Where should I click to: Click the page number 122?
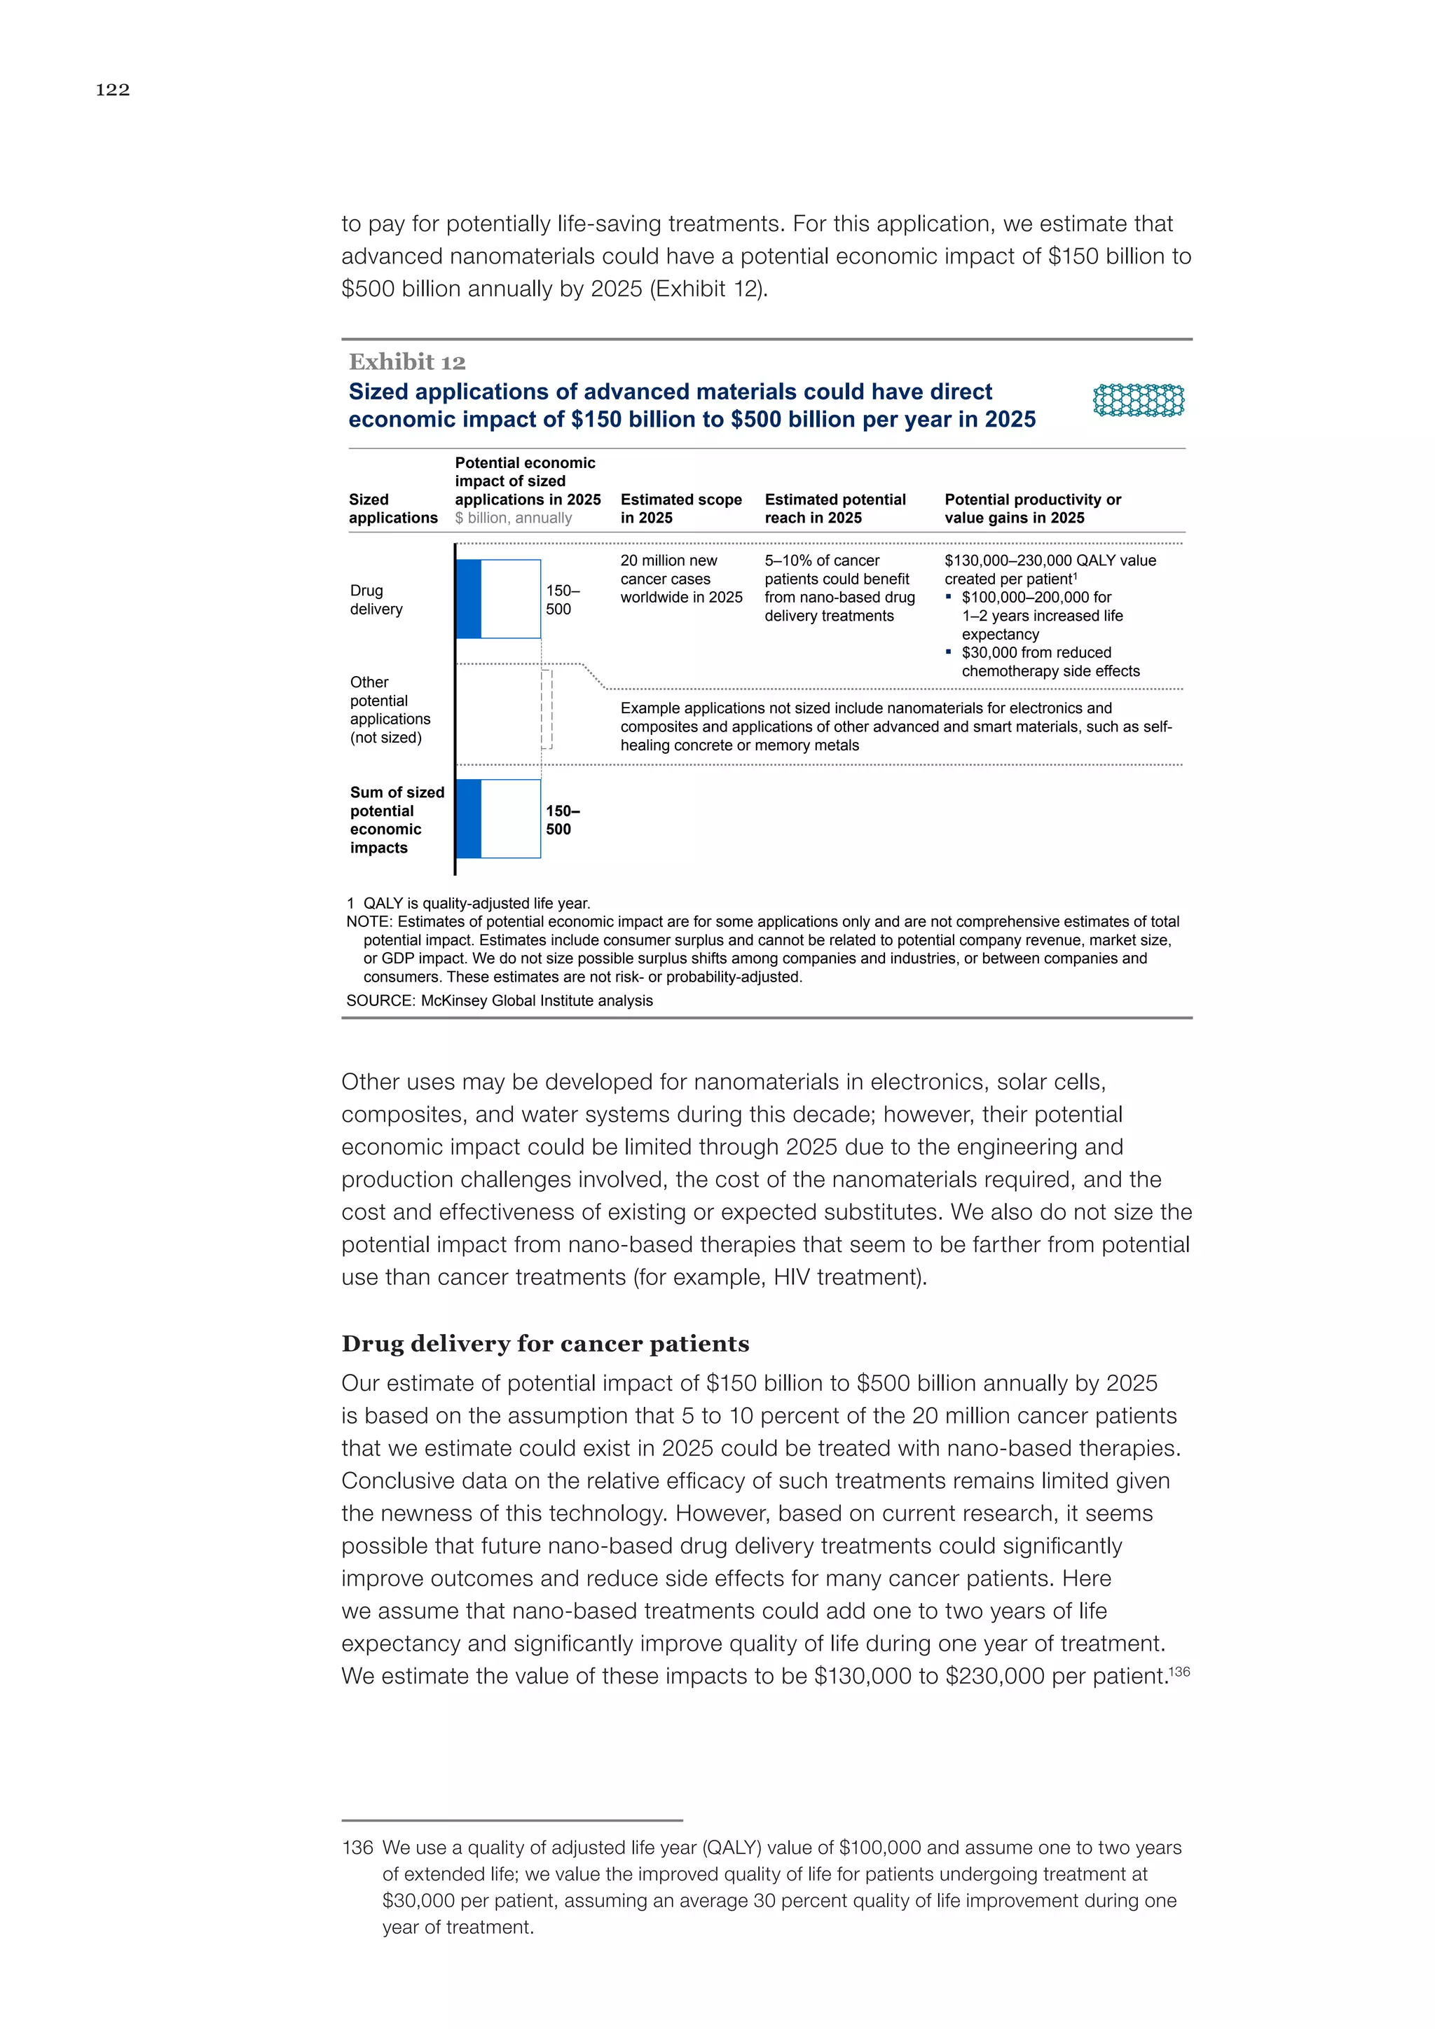tap(112, 89)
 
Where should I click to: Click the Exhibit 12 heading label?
tap(406, 362)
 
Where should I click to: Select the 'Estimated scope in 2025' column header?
tap(680, 508)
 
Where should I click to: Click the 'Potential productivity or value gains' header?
tap(1032, 508)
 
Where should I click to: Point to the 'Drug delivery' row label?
tap(376, 599)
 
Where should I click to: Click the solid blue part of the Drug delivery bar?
tap(468, 598)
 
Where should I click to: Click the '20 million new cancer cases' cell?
tap(680, 579)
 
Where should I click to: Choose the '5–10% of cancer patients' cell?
tap(839, 588)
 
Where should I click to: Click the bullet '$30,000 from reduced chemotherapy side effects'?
tap(1043, 662)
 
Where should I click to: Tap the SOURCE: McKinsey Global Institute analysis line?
tap(500, 1000)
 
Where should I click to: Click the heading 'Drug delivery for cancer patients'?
tap(545, 1343)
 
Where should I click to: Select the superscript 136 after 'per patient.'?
tap(1180, 1670)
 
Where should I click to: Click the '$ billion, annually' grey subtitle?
tap(514, 518)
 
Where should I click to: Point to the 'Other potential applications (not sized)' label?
tap(390, 710)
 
